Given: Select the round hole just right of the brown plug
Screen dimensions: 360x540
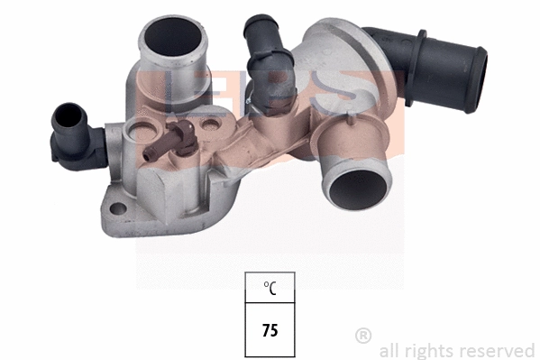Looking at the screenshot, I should tap(212, 118).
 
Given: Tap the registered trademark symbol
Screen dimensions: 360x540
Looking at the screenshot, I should tap(363, 336).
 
